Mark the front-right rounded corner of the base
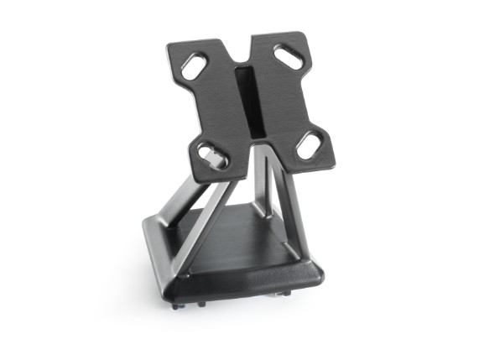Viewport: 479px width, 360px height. coord(315,272)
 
